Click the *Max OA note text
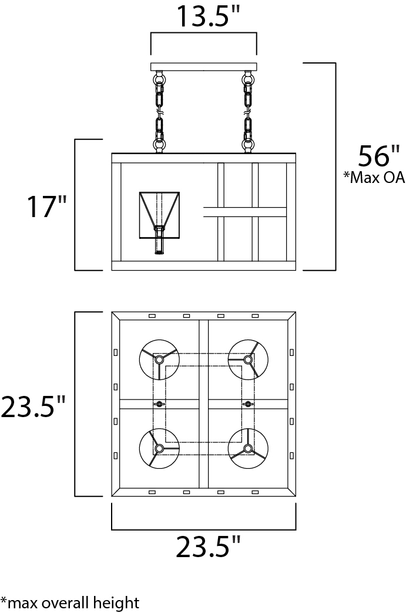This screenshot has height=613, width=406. point(374,177)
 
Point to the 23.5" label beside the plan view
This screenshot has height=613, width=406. point(33,406)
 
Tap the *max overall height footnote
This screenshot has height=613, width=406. point(71,602)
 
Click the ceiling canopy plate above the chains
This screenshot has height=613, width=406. point(203,66)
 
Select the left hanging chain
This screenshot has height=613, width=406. point(159,111)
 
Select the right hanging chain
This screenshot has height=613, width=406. point(247,111)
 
